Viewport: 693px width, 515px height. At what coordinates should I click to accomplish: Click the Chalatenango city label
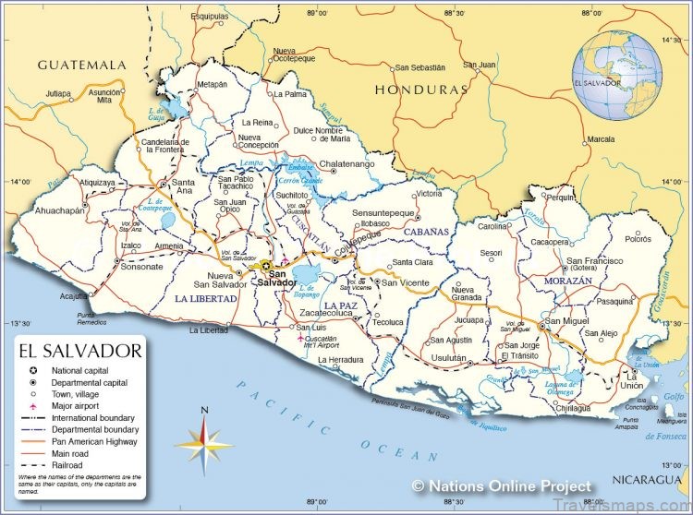346,164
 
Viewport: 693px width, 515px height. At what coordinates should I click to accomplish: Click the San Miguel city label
566,320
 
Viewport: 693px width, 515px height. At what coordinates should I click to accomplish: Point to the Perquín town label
559,198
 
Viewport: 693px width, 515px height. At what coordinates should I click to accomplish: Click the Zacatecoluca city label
326,314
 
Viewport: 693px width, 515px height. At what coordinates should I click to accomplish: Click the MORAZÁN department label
568,280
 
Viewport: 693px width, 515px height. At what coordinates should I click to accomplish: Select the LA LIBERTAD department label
207,299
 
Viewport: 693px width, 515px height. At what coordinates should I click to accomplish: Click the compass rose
204,441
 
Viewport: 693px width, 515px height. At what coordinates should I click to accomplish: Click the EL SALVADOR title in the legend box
79,351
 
